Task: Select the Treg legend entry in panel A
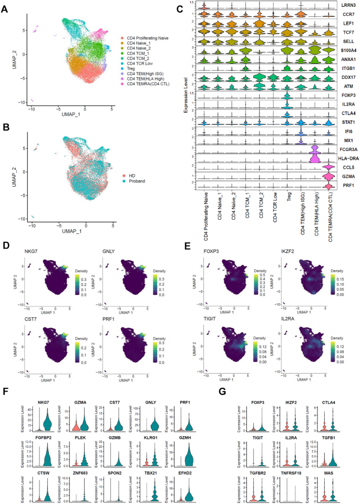[128, 69]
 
